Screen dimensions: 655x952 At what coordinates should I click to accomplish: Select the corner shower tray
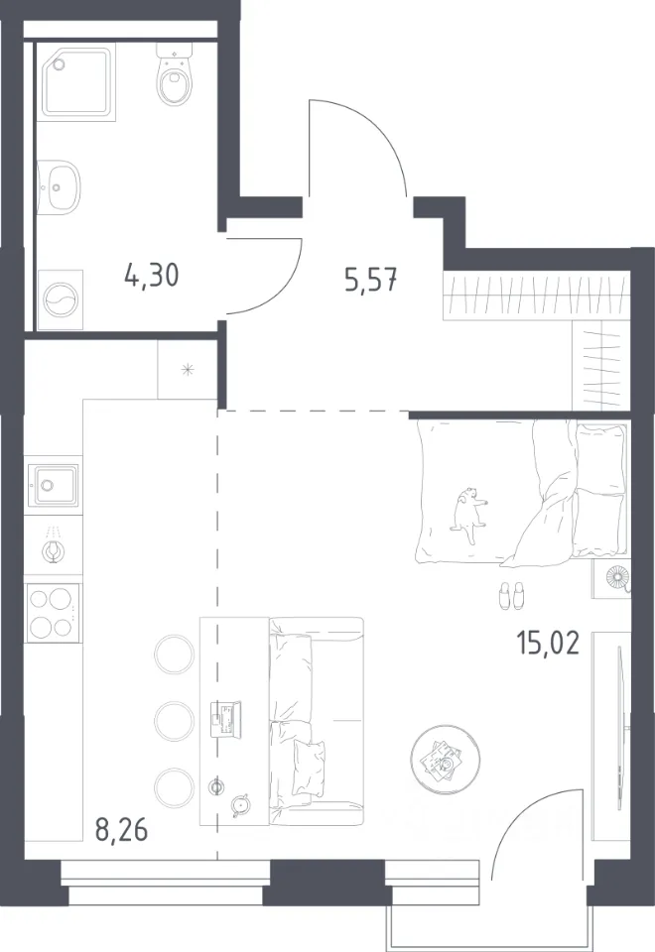click(x=76, y=82)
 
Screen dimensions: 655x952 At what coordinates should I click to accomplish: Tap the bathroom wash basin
click(x=59, y=187)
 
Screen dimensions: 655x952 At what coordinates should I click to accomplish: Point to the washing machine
click(x=61, y=299)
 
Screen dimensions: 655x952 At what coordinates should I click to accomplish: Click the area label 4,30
click(x=151, y=276)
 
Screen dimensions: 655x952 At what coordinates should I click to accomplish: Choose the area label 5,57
click(x=370, y=280)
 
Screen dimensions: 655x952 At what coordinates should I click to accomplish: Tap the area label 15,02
click(x=548, y=643)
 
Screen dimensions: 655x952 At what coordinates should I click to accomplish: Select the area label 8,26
click(x=121, y=829)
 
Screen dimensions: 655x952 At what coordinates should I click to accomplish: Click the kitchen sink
click(x=54, y=485)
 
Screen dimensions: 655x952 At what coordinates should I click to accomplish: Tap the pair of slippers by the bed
click(x=511, y=596)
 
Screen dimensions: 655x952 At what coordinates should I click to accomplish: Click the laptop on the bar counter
click(x=225, y=719)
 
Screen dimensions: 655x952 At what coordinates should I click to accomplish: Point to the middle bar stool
click(x=175, y=721)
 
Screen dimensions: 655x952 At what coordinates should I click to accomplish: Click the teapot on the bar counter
click(x=241, y=804)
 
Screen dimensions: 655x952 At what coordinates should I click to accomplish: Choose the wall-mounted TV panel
click(x=619, y=728)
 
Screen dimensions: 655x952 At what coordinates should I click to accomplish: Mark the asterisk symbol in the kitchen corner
click(x=189, y=369)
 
